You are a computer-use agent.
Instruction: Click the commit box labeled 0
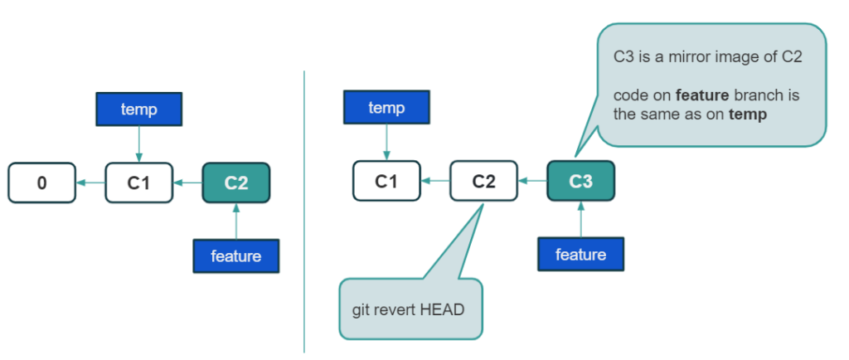[x=41, y=182]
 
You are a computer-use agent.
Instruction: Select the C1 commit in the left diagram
[x=138, y=182]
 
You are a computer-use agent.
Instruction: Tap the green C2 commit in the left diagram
[x=236, y=182]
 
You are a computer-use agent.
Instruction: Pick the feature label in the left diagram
[x=236, y=256]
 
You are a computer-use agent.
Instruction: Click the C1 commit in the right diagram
[x=386, y=181]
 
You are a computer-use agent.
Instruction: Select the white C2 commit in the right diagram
[x=483, y=181]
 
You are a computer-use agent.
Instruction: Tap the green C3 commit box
[x=581, y=181]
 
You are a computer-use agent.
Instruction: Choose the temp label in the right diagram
[x=386, y=109]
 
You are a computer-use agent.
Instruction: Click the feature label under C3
[x=580, y=254]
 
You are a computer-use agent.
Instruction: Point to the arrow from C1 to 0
[x=90, y=182]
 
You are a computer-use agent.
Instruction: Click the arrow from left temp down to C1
[x=138, y=146]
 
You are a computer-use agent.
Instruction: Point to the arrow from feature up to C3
[x=581, y=219]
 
